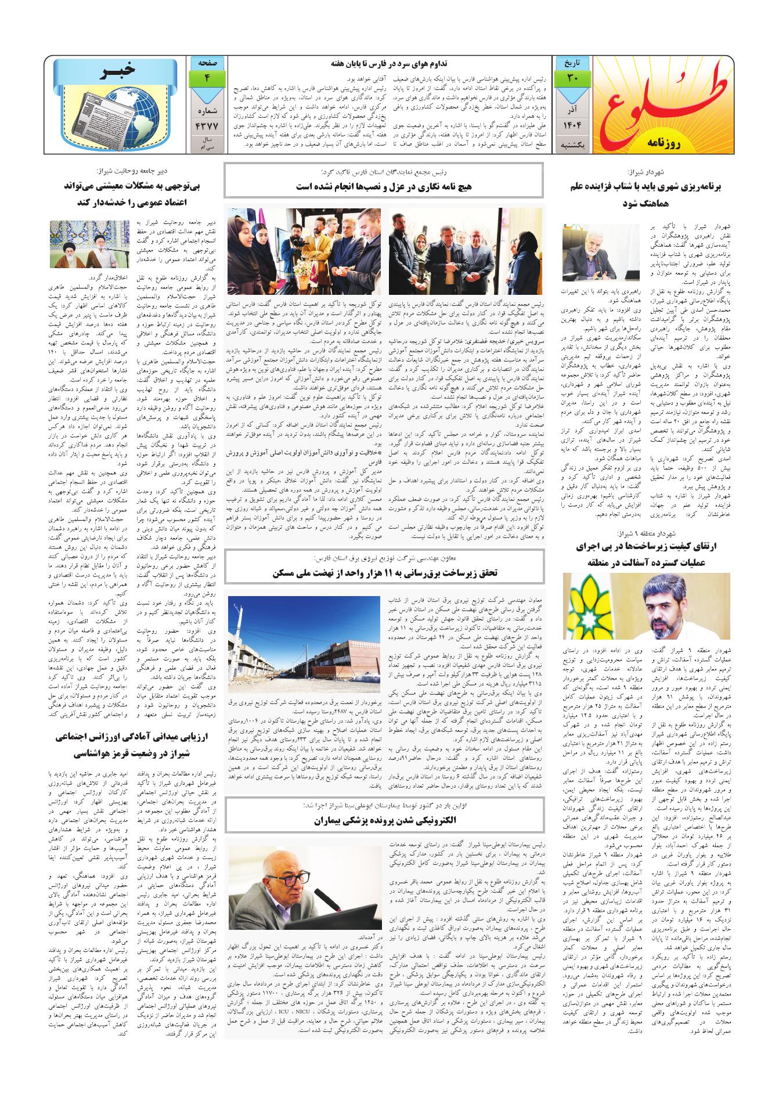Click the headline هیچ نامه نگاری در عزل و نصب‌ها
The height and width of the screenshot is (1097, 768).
point(384,187)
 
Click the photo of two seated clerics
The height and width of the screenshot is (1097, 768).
point(89,244)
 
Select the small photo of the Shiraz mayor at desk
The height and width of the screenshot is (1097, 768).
point(593,252)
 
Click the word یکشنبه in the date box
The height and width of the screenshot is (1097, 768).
point(572,147)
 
